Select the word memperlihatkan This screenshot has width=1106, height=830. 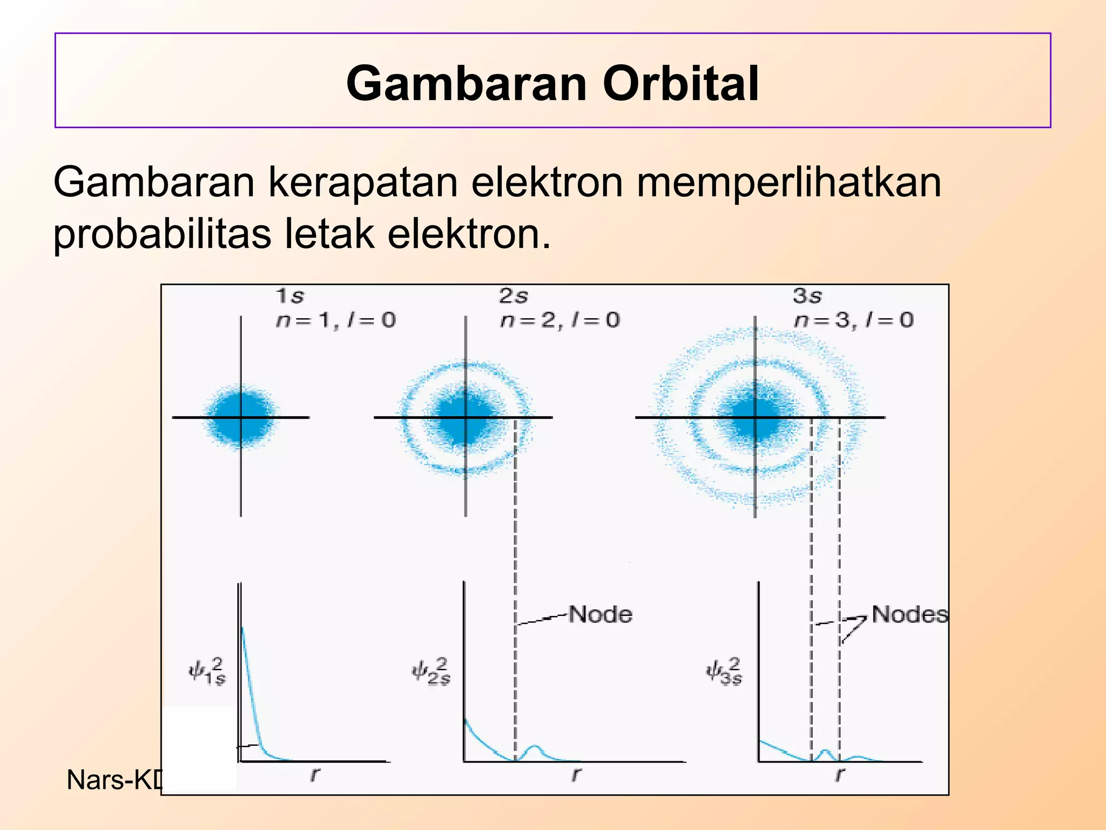click(x=788, y=182)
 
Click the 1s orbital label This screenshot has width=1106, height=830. click(x=290, y=296)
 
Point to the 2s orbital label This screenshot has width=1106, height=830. click(x=513, y=296)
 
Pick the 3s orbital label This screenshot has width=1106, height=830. click(x=807, y=296)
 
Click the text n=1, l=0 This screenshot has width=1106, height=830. click(x=335, y=320)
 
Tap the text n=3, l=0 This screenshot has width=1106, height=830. click(x=853, y=320)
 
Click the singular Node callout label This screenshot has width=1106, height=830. click(x=600, y=614)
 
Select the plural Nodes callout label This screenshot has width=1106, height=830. click(x=909, y=614)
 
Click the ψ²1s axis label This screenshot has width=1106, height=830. click(x=207, y=672)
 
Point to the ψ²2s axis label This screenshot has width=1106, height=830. click(x=431, y=672)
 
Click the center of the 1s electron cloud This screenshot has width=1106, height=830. click(x=241, y=417)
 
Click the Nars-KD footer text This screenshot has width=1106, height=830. click(x=114, y=780)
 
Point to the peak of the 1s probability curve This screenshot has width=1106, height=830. click(x=242, y=630)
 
